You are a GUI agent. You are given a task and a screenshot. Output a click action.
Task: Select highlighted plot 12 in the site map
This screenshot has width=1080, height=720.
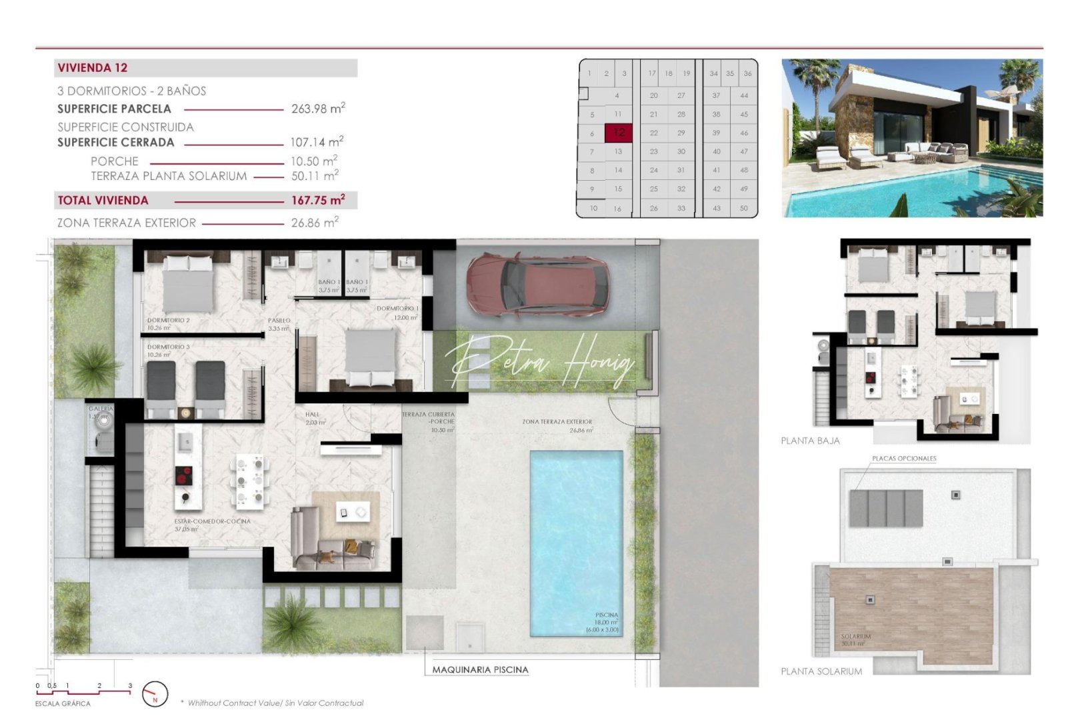[619, 133]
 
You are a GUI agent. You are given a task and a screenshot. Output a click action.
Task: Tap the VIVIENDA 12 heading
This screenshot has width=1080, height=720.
[93, 68]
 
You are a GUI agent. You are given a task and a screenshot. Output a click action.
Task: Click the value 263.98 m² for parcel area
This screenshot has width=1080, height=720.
[318, 109]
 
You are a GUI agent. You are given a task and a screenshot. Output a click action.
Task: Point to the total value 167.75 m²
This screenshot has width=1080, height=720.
[318, 200]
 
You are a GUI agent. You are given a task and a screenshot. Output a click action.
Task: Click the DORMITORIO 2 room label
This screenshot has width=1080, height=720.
[168, 321]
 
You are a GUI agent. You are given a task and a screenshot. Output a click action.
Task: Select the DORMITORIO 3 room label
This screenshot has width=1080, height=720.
[168, 347]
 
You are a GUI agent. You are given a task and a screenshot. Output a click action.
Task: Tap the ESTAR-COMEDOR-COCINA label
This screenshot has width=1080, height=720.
[212, 521]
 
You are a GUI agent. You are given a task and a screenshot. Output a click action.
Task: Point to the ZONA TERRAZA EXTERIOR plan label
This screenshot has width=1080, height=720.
[557, 422]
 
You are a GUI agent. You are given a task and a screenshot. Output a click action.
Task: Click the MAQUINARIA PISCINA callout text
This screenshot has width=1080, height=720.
[480, 669]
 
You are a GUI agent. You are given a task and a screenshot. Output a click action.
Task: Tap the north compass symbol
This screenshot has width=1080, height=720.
[155, 695]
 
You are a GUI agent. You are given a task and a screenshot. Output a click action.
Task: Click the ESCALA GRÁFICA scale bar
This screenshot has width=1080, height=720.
[83, 691]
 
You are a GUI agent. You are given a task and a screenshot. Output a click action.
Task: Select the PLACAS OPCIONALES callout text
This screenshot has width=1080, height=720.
[904, 459]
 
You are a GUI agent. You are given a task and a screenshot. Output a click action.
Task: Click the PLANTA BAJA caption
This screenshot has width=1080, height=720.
[810, 441]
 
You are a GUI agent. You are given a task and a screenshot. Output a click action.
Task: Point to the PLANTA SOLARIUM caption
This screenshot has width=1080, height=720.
[821, 671]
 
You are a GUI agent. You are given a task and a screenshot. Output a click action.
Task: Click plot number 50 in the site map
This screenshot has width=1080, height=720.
[744, 208]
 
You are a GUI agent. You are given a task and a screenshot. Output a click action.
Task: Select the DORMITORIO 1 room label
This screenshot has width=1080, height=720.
[397, 309]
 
